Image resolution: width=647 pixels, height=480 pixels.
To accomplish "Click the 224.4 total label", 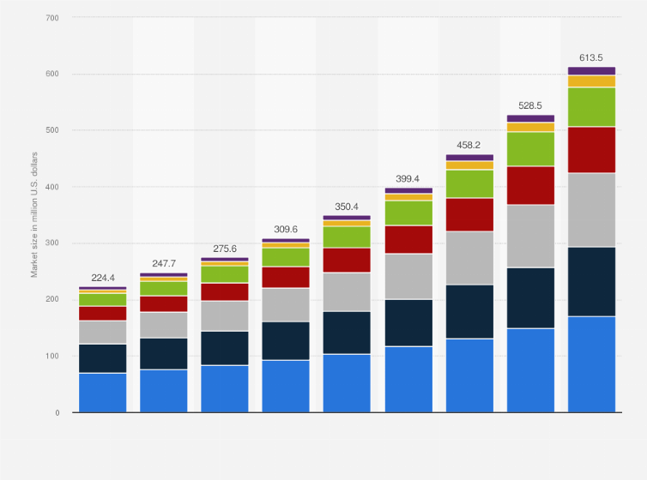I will click(x=102, y=278).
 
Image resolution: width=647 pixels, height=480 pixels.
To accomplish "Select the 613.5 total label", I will click(x=591, y=58).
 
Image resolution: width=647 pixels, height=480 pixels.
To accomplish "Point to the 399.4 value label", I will click(x=408, y=179).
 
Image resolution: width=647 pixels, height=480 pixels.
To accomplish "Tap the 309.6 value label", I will click(x=286, y=230).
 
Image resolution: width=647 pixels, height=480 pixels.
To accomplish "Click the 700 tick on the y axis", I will click(x=53, y=17).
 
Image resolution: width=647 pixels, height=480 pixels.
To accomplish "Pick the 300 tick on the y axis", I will click(x=53, y=243).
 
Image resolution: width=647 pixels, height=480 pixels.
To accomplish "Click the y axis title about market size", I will click(x=35, y=214).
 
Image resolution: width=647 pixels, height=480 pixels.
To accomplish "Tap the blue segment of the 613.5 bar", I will click(x=591, y=364).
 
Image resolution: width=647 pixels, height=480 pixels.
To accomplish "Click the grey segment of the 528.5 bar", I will click(x=530, y=236).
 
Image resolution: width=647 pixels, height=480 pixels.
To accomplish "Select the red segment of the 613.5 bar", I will click(x=591, y=150).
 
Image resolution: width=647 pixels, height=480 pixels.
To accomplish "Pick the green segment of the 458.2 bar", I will click(x=469, y=183).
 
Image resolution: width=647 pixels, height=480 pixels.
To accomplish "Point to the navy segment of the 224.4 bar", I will click(x=102, y=358).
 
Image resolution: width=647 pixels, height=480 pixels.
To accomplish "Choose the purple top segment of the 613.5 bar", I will click(x=591, y=71).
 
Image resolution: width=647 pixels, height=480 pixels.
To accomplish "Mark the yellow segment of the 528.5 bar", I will click(x=530, y=127).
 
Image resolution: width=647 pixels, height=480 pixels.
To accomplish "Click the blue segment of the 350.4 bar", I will click(x=347, y=383).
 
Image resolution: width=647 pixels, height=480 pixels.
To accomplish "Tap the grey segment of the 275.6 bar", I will click(x=225, y=315).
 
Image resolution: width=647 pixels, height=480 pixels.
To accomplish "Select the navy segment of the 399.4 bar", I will click(x=408, y=322).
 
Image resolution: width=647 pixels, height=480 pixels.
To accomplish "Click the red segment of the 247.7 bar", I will click(x=164, y=303).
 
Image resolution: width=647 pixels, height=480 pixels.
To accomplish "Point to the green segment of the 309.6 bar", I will click(x=286, y=257).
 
